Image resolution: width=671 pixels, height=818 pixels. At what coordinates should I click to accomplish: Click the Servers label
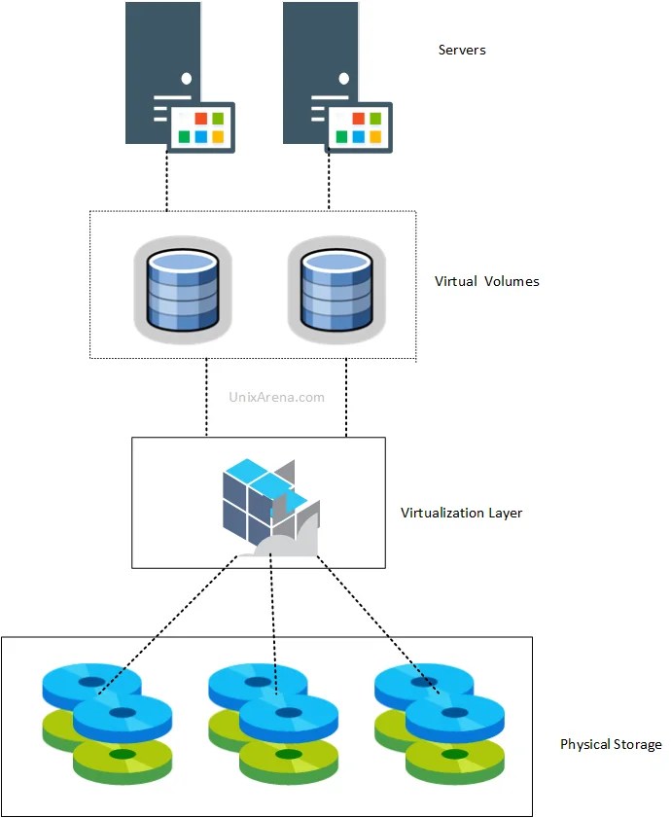pyautogui.click(x=462, y=50)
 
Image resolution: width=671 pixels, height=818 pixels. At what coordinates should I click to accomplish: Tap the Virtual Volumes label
pyautogui.click(x=486, y=281)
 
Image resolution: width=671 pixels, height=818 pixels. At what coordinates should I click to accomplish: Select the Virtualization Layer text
pyautogui.click(x=461, y=512)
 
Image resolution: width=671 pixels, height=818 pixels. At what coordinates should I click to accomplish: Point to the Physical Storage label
pyautogui.click(x=610, y=744)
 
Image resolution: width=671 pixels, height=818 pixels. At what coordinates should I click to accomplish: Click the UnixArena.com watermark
pyautogui.click(x=276, y=397)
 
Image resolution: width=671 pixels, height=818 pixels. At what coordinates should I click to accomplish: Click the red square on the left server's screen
pyautogui.click(x=200, y=119)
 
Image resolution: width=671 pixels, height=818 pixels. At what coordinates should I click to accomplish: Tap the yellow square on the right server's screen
pyautogui.click(x=375, y=137)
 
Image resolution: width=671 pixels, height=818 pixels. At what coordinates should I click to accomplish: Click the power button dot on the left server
pyautogui.click(x=185, y=78)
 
